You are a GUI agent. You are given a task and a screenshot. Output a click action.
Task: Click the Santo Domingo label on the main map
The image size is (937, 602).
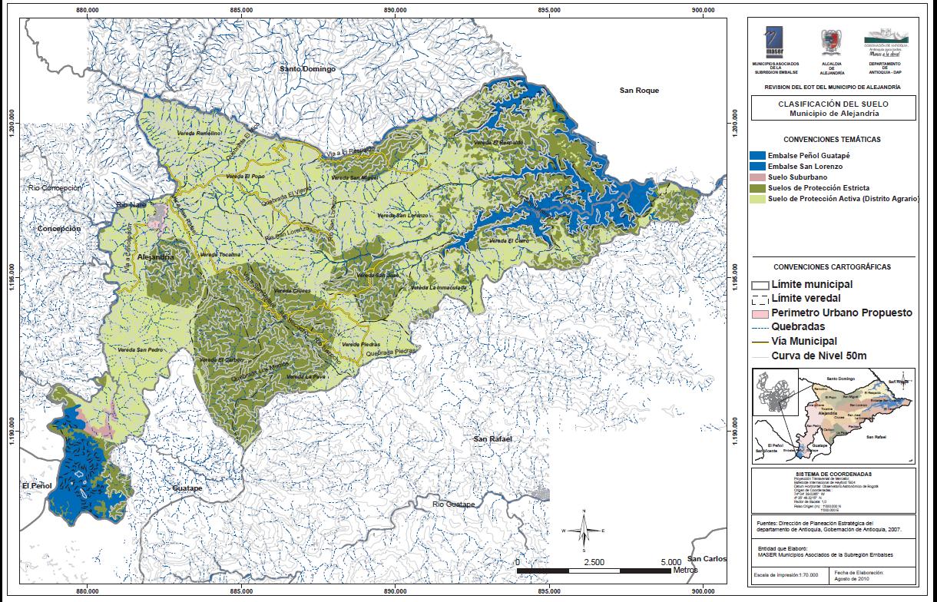point(308,69)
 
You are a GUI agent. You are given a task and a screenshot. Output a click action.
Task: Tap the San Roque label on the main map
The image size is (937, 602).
point(639,91)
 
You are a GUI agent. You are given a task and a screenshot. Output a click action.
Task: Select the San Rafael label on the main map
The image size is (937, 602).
point(492,439)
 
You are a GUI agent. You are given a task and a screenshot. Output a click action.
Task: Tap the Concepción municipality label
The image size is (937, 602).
point(59,229)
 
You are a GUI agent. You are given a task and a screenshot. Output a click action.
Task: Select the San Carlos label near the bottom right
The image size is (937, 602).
point(706,559)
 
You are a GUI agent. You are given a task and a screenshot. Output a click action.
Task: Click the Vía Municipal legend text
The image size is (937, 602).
point(803,341)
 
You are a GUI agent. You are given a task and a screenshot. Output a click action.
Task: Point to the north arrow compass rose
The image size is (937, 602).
point(584,530)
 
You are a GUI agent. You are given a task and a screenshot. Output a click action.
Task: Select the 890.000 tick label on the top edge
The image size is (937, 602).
point(394,11)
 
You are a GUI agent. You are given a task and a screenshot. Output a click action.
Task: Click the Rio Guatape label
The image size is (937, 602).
point(454,504)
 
